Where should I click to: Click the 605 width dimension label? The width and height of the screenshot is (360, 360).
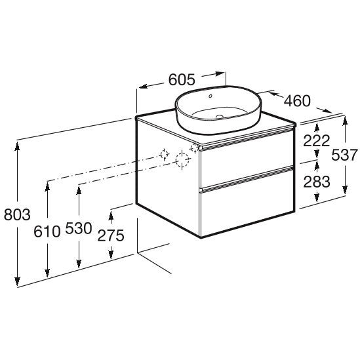tap(182, 79)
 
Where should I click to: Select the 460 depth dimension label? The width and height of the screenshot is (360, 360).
tap(297, 100)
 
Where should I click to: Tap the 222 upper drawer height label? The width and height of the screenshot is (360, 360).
tap(316, 140)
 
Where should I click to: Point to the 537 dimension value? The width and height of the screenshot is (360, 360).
tap(345, 155)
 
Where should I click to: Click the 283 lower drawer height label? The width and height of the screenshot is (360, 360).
tap(317, 182)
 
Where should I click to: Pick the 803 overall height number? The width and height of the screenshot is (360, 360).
tap(17, 214)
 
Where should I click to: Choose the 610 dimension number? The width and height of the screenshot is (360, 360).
tap(47, 231)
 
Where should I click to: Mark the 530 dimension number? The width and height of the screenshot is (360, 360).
tap(79, 228)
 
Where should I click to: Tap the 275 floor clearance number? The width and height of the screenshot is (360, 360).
tap(111, 235)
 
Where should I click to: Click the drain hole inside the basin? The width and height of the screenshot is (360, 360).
tap(220, 117)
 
